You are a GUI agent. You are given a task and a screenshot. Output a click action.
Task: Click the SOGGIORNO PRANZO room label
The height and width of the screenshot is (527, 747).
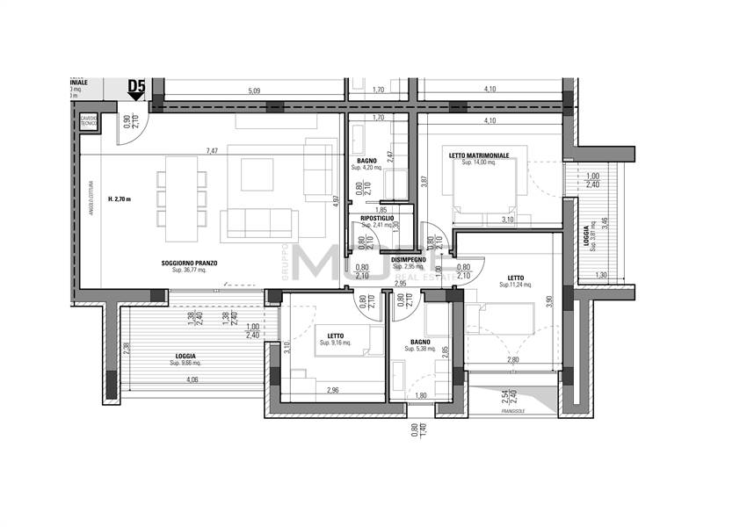[x=189, y=263]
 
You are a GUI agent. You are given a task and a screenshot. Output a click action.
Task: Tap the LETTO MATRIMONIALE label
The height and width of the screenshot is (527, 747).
[x=478, y=155]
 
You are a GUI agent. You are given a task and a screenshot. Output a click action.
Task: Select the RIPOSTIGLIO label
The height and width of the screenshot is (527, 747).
[x=377, y=218]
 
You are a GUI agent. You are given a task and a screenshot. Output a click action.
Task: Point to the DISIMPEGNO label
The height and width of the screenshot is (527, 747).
[x=409, y=260]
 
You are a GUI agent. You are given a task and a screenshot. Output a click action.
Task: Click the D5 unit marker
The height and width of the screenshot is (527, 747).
[x=136, y=86]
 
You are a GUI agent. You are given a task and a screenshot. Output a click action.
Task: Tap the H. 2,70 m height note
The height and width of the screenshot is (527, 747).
[x=120, y=199]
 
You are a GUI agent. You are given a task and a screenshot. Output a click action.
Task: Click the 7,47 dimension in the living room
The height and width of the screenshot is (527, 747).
[x=212, y=151]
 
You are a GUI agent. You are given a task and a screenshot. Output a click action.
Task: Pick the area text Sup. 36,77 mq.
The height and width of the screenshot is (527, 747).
[x=189, y=271]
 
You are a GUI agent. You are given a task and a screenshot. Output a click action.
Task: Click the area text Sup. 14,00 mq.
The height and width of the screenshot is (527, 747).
[x=478, y=163]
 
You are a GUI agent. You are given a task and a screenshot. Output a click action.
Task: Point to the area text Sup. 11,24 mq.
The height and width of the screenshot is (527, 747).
[x=516, y=285]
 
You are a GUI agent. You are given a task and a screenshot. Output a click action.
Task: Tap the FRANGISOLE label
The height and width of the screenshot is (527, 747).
[x=512, y=410]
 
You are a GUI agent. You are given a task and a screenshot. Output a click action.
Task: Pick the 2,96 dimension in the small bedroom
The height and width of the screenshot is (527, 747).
[x=333, y=390]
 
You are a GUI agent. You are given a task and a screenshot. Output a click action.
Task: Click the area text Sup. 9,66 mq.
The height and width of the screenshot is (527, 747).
[x=185, y=363]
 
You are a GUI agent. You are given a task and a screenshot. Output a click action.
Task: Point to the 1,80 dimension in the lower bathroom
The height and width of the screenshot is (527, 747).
[x=420, y=396]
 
